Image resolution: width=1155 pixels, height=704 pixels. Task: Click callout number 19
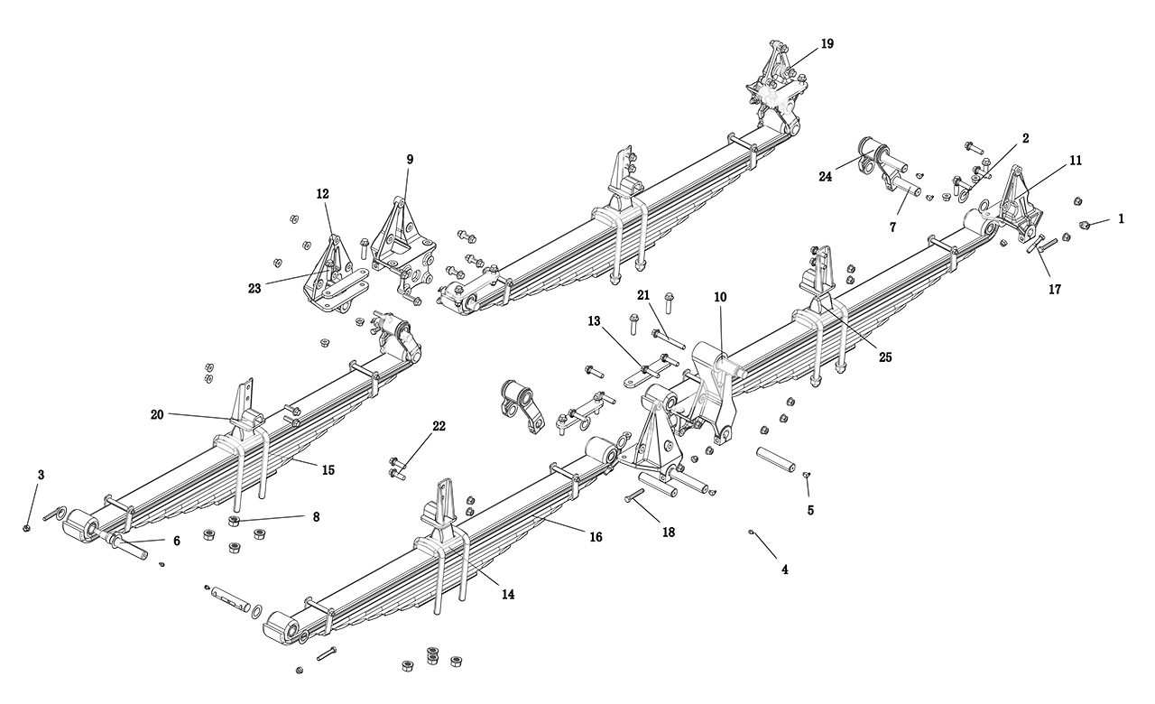click(x=827, y=43)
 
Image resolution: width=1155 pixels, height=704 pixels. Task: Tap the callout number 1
click(x=1121, y=218)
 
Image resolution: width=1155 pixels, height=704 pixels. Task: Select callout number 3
click(x=41, y=475)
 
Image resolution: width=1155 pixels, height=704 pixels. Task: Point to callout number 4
click(x=784, y=570)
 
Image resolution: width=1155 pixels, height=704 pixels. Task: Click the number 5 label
click(x=810, y=510)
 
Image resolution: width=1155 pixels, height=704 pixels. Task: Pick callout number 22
click(x=439, y=426)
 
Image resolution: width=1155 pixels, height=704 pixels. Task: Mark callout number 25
click(x=885, y=357)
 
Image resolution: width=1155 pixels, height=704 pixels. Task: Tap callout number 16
click(x=596, y=537)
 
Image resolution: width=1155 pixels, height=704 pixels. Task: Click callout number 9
click(x=410, y=160)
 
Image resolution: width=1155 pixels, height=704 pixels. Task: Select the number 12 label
click(x=323, y=193)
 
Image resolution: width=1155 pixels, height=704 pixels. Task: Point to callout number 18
click(x=668, y=533)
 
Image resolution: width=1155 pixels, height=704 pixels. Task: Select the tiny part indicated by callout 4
click(x=751, y=533)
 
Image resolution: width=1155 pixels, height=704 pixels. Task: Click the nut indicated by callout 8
click(x=235, y=521)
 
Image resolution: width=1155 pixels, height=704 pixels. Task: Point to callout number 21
click(x=643, y=296)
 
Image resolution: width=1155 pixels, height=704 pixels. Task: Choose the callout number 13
click(x=594, y=321)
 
